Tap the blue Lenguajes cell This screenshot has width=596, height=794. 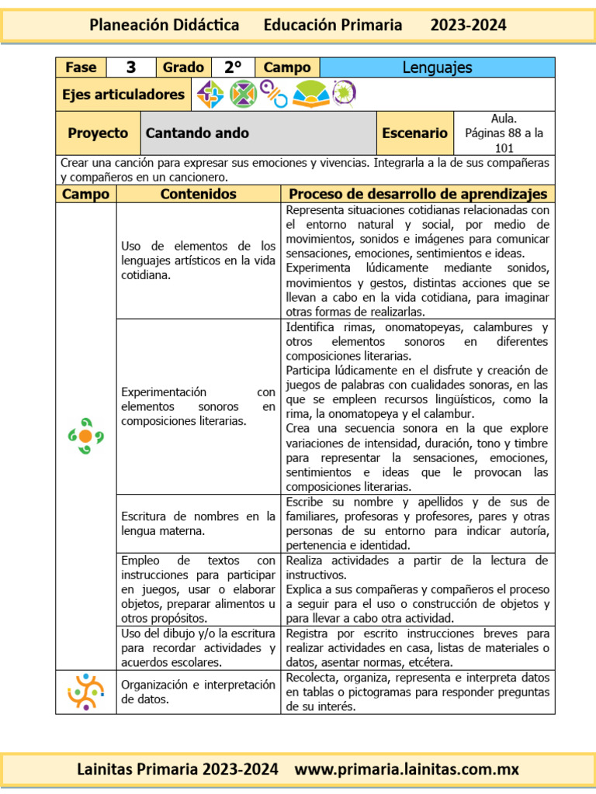(x=437, y=67)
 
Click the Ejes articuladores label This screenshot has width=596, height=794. (x=123, y=95)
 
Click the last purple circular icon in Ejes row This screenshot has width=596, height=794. (x=342, y=94)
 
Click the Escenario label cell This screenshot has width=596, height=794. (x=414, y=133)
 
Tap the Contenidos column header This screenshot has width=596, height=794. (x=198, y=194)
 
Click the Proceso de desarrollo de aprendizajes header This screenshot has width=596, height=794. (x=418, y=194)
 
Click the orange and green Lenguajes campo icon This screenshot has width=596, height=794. (x=85, y=436)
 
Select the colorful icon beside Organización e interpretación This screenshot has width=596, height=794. (x=85, y=692)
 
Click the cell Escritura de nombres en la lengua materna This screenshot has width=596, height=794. (x=198, y=523)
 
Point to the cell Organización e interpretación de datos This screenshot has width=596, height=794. (x=198, y=692)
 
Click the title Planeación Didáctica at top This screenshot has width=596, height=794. (x=165, y=25)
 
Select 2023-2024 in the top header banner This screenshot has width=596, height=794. (x=468, y=25)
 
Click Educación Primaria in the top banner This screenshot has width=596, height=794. (x=333, y=25)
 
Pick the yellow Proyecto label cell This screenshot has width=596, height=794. (x=98, y=133)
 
